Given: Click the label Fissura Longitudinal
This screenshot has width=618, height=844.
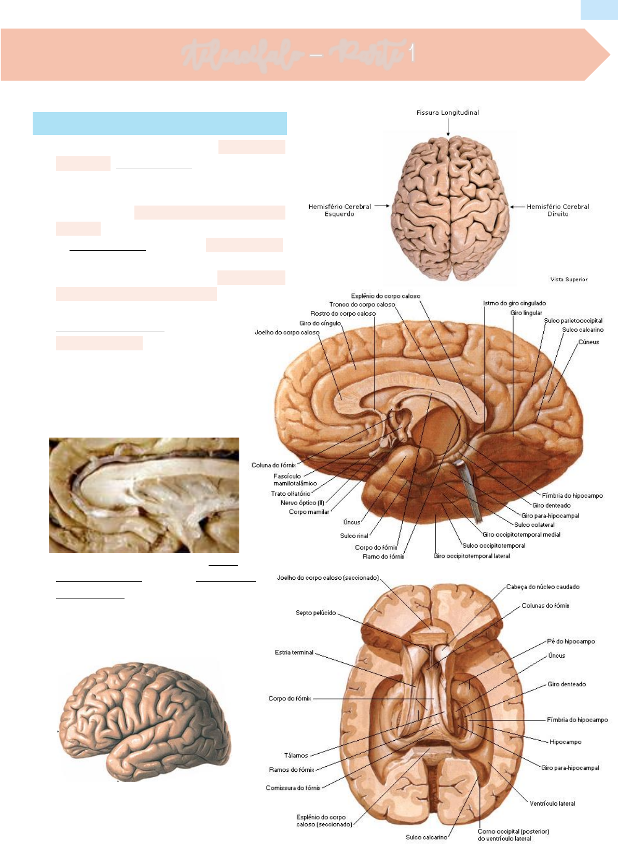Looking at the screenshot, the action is (x=447, y=113).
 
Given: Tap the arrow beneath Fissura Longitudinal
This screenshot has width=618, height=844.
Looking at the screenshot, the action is (x=448, y=128).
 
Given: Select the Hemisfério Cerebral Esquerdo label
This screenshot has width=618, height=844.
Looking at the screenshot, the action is (x=339, y=210).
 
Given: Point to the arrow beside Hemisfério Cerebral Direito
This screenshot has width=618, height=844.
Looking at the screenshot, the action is (x=517, y=207).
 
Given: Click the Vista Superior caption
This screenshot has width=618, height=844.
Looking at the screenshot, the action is (x=569, y=279).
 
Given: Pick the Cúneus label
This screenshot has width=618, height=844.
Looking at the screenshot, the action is (x=588, y=342).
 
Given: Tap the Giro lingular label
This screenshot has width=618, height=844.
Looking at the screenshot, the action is (x=526, y=313).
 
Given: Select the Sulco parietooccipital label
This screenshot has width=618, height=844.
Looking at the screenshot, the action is (x=573, y=321).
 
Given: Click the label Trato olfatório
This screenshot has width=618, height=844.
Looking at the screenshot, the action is (x=291, y=494).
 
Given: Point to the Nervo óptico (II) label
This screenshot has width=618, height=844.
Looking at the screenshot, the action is (x=302, y=502).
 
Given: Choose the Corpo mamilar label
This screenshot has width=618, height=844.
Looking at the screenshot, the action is (x=309, y=512).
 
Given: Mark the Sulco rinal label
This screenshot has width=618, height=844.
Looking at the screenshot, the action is (x=354, y=536).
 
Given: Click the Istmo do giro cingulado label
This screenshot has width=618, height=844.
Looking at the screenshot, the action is (x=514, y=303).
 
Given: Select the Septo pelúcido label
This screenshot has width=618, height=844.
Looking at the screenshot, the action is (x=315, y=613).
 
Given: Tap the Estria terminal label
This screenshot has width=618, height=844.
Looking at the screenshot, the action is (x=294, y=652).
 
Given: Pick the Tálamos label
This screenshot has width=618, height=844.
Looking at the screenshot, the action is (x=296, y=755).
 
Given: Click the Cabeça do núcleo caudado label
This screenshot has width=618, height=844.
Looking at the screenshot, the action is (x=543, y=587).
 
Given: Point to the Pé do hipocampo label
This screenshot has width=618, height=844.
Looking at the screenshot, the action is (x=571, y=642).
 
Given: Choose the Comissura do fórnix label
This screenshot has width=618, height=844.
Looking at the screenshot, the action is (x=293, y=788).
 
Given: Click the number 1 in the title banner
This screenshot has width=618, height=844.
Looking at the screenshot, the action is (x=411, y=53).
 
